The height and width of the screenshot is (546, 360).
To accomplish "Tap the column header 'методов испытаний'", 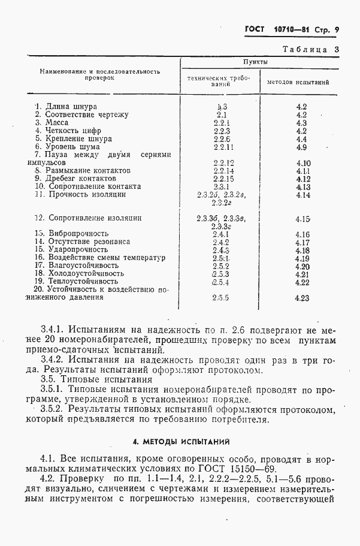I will [x=298, y=82].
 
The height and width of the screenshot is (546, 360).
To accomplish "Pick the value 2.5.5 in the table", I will [x=222, y=298].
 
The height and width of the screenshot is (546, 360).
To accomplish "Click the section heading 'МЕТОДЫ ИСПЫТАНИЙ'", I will [x=181, y=442].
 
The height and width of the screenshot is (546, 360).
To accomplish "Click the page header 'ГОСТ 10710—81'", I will [x=279, y=29].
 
